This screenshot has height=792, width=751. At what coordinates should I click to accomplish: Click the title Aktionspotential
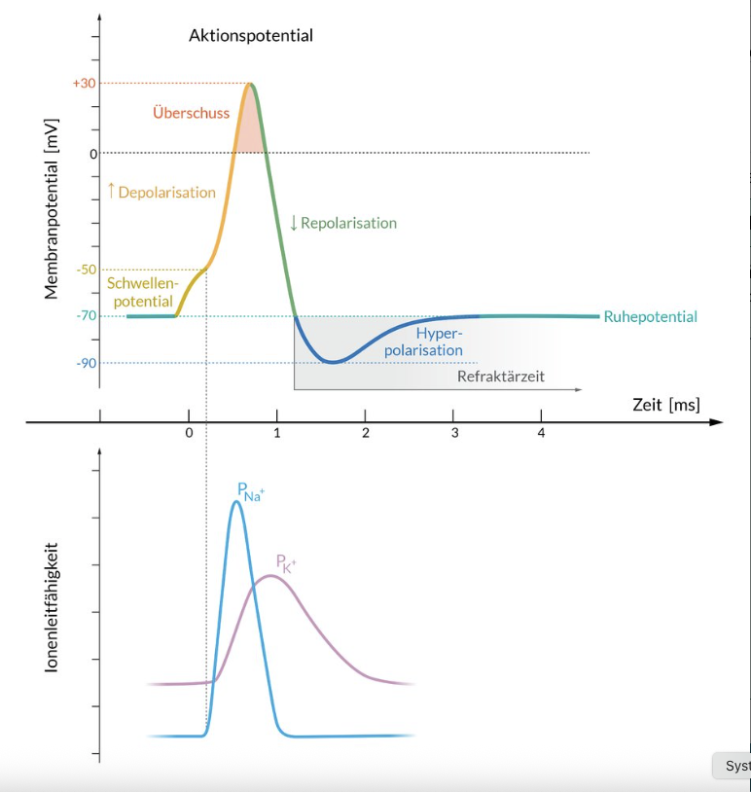pyautogui.click(x=251, y=36)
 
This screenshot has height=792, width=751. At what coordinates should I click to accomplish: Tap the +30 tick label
pyautogui.click(x=84, y=84)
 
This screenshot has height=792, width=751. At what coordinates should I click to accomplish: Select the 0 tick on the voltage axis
pyautogui.click(x=93, y=153)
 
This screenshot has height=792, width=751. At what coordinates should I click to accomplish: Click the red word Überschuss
pyautogui.click(x=192, y=113)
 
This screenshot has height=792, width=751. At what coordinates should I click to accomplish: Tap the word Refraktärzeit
pyautogui.click(x=500, y=375)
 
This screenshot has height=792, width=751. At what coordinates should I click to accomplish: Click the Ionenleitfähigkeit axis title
pyautogui.click(x=53, y=606)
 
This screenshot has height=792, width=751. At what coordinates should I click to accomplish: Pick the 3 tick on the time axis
pyautogui.click(x=454, y=433)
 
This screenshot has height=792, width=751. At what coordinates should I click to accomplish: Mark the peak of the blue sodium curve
pyautogui.click(x=236, y=502)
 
